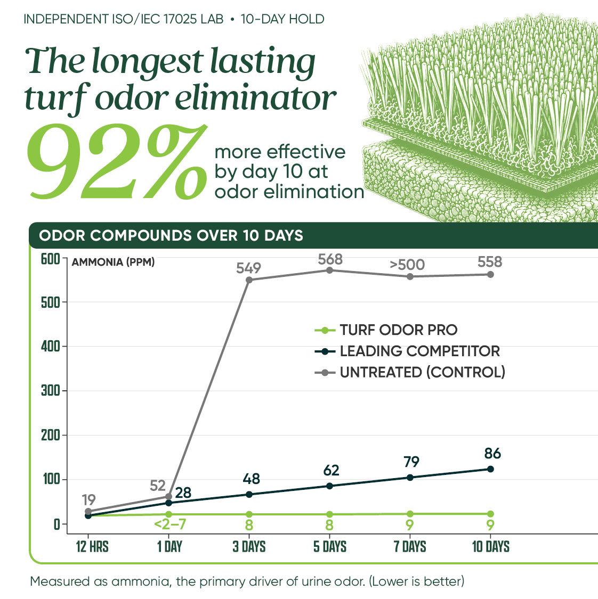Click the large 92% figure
click(x=117, y=161)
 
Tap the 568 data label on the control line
click(x=330, y=259)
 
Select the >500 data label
click(x=407, y=265)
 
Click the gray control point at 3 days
click(x=249, y=280)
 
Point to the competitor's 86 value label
click(x=492, y=454)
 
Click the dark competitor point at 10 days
click(x=490, y=469)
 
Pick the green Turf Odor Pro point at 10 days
click(x=490, y=514)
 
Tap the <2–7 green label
click(x=170, y=524)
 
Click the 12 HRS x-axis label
click(x=92, y=547)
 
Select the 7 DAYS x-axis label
click(x=410, y=547)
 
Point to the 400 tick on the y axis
click(x=51, y=347)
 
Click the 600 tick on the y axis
click(x=51, y=259)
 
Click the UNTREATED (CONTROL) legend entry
click(x=410, y=372)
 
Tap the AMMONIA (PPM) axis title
click(x=113, y=262)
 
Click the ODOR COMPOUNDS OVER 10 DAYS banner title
click(x=171, y=235)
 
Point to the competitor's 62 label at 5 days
click(x=331, y=470)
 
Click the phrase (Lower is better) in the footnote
click(x=416, y=581)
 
